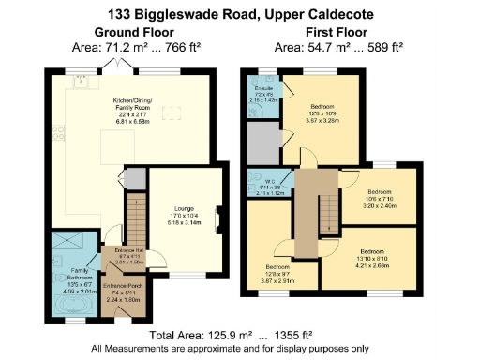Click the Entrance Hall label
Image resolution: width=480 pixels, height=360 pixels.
pos(125,254)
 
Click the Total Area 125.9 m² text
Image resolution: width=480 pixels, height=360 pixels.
pos(217,335)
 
